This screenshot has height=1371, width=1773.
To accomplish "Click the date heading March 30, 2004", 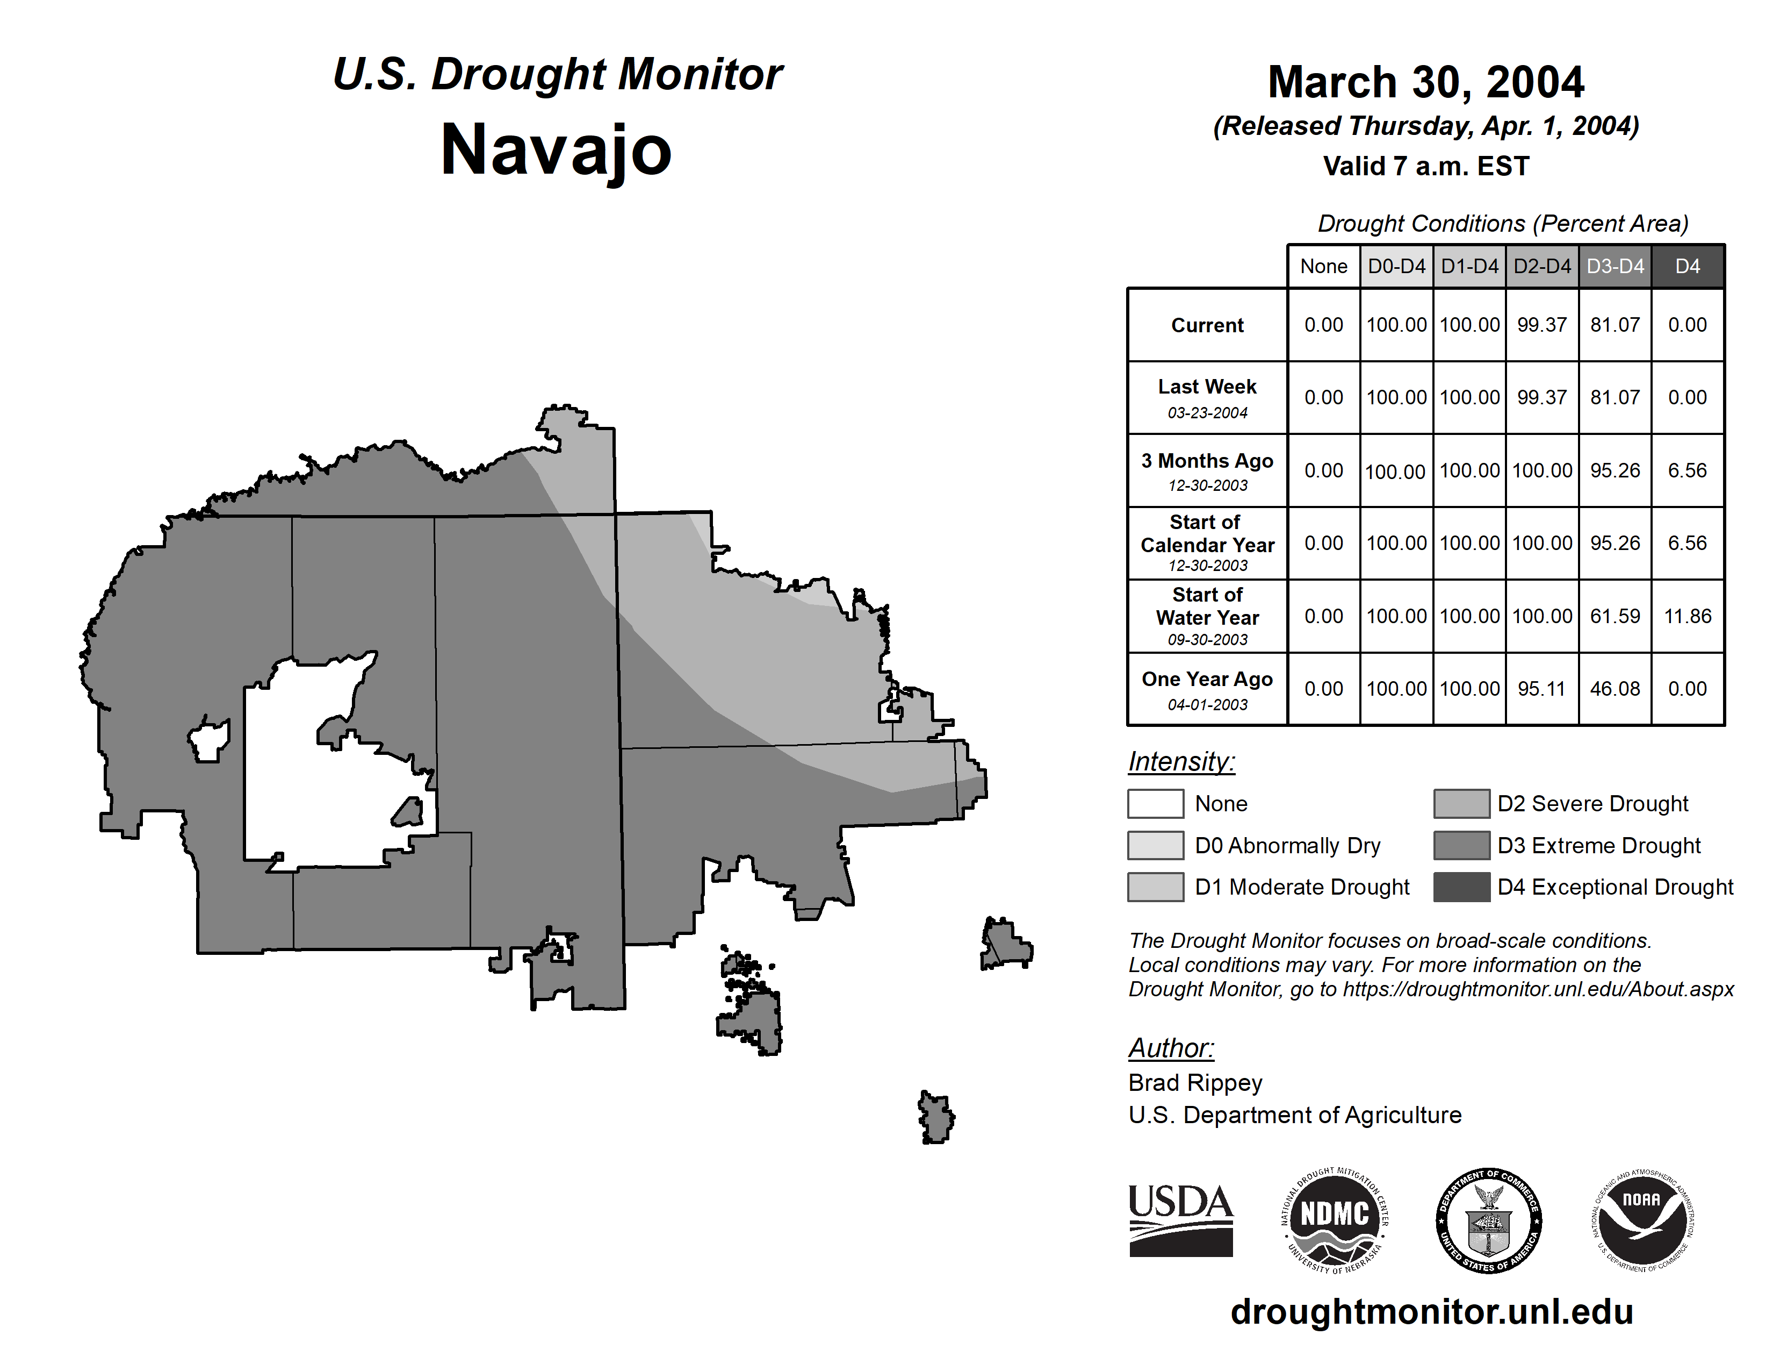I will pyautogui.click(x=1425, y=82).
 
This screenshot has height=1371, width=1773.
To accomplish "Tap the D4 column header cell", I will pyautogui.click(x=1688, y=266).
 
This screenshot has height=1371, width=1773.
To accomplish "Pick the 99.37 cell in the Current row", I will pyautogui.click(x=1541, y=325).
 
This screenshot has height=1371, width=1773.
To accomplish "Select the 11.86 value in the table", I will pyautogui.click(x=1688, y=617).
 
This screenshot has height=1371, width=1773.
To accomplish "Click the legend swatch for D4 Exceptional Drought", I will pyautogui.click(x=1461, y=887).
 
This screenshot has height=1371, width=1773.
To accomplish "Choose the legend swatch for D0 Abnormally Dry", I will pyautogui.click(x=1155, y=846).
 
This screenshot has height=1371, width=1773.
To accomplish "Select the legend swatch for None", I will pyautogui.click(x=1155, y=803).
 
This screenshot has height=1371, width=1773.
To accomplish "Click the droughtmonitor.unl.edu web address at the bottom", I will pyautogui.click(x=1432, y=1312).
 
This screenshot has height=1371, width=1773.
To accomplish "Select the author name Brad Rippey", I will pyautogui.click(x=1195, y=1083).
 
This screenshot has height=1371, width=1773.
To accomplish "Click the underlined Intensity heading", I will pyautogui.click(x=1181, y=762).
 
